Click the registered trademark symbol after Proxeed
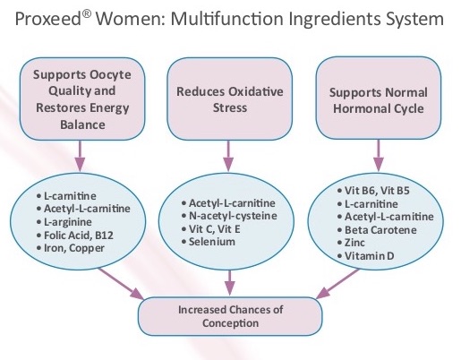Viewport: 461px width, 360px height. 85,15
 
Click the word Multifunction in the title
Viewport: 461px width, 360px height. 226,19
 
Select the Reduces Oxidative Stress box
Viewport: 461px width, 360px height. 229,99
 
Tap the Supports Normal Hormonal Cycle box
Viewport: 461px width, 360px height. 379,99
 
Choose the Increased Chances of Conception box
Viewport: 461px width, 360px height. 230,316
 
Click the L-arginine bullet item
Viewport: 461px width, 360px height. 64,222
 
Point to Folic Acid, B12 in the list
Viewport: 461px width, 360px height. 75,236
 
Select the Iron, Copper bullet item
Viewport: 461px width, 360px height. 71,248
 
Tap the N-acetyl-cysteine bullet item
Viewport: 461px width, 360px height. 229,216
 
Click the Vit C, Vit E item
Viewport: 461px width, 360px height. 210,229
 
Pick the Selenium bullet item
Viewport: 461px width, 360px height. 209,242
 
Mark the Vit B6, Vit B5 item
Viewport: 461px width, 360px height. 373,191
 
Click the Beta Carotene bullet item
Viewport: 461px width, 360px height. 377,230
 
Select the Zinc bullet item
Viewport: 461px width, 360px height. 351,243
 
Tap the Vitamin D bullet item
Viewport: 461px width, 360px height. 366,256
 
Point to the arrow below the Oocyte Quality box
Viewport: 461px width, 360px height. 80,156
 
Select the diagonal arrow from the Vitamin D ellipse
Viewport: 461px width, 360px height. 337,284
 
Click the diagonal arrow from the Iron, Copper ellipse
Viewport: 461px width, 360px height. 121,284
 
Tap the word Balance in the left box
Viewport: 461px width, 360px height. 82,124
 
